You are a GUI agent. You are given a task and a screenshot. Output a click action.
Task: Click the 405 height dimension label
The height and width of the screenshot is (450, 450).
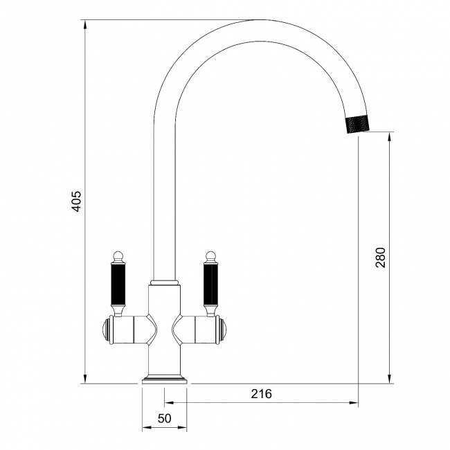coord(77,201)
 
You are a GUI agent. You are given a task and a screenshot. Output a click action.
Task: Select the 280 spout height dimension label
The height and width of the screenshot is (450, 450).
coord(379,257)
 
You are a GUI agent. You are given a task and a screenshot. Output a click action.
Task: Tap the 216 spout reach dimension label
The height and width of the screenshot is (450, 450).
coord(261,394)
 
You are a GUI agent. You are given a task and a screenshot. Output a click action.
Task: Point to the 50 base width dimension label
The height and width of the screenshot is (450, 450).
coord(164,418)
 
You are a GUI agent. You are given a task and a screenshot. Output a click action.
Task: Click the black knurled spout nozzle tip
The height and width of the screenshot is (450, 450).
coord(359,124)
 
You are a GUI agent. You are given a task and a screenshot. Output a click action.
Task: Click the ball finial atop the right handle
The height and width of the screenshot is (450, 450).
coord(210,255)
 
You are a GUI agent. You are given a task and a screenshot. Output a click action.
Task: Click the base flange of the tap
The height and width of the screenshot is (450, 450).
coord(164,379)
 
